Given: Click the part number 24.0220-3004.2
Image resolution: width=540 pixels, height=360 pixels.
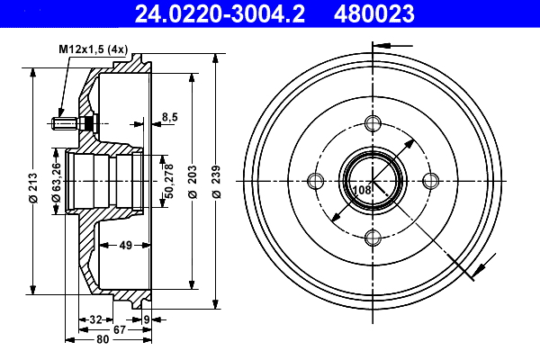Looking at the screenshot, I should pos(212,13).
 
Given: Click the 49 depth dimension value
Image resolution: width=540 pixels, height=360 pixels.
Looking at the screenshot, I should pos(125,244).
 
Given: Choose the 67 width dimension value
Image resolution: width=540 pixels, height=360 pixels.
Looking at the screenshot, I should pos(120,329).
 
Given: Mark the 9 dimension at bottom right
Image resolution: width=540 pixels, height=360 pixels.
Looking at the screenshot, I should pos(147,319).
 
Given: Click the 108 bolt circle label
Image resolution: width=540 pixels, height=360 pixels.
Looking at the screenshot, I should pos(362,191).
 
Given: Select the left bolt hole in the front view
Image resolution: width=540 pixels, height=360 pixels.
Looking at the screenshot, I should pos(315,181).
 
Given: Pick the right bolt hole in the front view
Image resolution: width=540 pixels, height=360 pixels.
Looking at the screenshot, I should pos(430,181).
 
